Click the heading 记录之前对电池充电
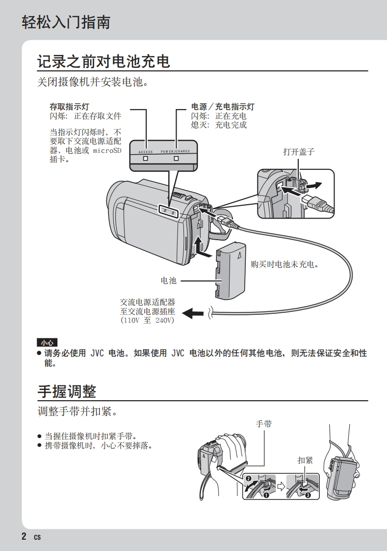[x=103, y=61]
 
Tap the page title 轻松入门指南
[x=66, y=23]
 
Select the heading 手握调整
[x=67, y=391]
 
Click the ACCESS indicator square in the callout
[x=145, y=159]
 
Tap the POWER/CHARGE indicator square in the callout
[x=176, y=159]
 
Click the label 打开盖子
[x=298, y=152]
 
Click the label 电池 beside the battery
[x=168, y=280]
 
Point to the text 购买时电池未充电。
[x=285, y=264]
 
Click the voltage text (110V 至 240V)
[x=148, y=320]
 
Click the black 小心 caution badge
[x=47, y=342]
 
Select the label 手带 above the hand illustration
[x=264, y=424]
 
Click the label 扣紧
[x=305, y=460]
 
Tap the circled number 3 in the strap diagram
[x=308, y=495]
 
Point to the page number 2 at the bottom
[x=24, y=536]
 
